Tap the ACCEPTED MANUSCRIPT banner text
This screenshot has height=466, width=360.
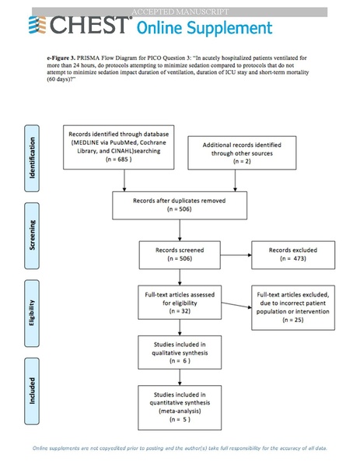tap(180, 12)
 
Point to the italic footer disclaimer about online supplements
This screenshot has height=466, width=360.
tap(180, 448)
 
